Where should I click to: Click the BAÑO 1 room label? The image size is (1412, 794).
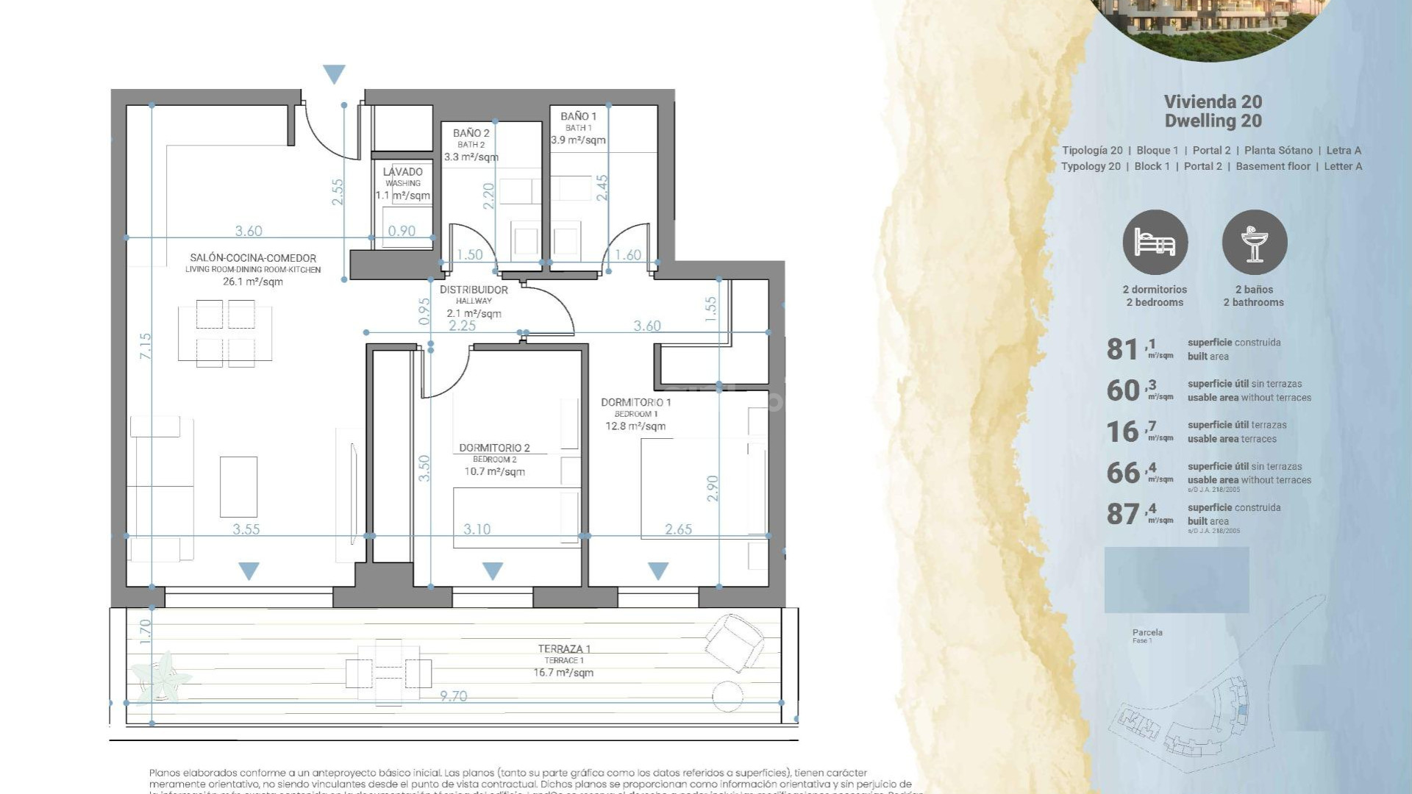click(578, 116)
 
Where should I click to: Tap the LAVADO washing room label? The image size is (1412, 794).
click(403, 172)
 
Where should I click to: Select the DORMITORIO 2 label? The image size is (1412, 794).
click(494, 448)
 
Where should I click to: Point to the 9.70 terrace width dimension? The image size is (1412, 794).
click(453, 695)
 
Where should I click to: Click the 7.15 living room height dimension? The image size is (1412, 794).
click(146, 346)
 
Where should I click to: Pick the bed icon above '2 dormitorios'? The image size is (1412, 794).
click(1155, 243)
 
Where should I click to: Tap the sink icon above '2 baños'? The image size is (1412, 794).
click(1254, 243)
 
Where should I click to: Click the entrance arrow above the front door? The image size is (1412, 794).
click(334, 74)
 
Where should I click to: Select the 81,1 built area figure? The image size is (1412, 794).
click(1130, 349)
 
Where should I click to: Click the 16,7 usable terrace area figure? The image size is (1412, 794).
click(1130, 432)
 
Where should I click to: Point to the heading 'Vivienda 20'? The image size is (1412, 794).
click(1213, 102)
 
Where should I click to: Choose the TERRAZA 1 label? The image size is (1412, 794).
click(564, 648)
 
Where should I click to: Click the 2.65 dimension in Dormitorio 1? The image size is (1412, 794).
click(678, 529)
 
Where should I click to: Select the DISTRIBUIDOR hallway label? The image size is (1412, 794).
click(474, 290)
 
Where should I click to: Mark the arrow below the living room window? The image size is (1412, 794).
click(249, 571)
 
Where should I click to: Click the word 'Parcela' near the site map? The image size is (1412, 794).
click(1147, 632)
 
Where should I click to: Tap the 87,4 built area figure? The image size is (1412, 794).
click(1130, 514)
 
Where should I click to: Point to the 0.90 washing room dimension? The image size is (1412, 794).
click(402, 231)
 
